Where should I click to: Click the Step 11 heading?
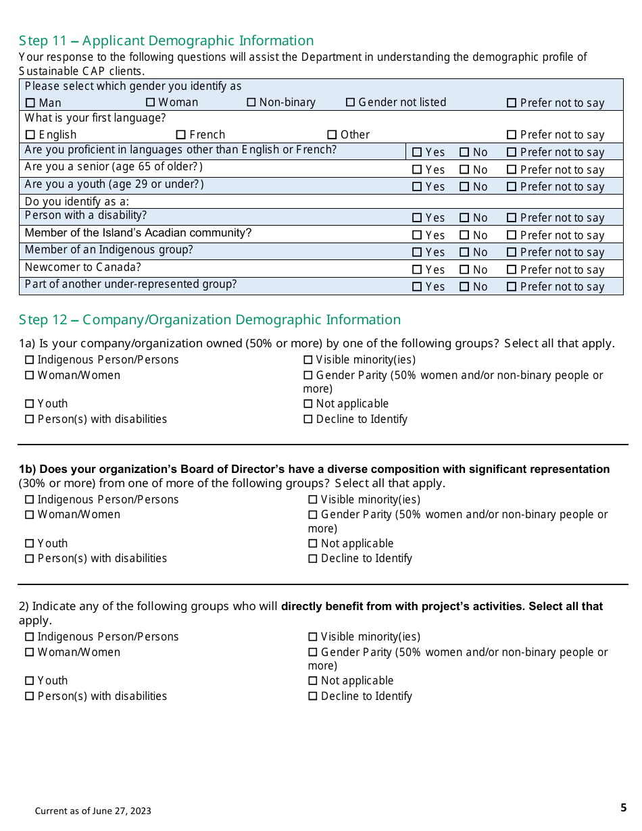click(166, 41)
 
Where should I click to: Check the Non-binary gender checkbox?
click(251, 103)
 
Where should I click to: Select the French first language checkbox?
click(181, 135)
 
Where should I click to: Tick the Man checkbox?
click(30, 103)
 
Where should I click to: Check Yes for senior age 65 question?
click(417, 170)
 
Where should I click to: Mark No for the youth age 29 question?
click(465, 187)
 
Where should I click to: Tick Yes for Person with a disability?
click(417, 218)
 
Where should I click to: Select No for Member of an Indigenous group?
click(465, 253)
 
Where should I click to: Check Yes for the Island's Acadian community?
click(417, 236)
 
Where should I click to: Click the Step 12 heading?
click(209, 320)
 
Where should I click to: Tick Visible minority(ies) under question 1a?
click(308, 360)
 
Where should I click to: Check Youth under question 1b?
click(30, 544)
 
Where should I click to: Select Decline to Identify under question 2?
click(313, 697)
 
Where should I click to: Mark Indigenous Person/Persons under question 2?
click(30, 637)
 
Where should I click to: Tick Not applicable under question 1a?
click(308, 404)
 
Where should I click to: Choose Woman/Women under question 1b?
click(30, 515)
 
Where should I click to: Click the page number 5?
click(623, 808)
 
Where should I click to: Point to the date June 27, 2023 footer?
click(93, 811)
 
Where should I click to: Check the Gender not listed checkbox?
click(351, 103)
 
